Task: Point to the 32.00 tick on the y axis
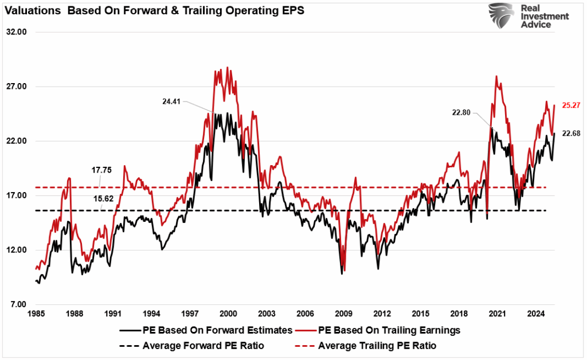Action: point(18,32)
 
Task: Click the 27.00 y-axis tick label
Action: point(18,87)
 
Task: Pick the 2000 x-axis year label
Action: point(228,314)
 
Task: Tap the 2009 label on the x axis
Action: point(343,314)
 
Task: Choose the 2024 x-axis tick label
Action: point(535,314)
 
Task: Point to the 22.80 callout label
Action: point(461,113)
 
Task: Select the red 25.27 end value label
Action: point(571,105)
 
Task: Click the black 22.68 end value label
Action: point(571,133)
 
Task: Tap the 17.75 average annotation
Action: point(101,170)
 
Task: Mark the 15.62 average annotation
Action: point(101,198)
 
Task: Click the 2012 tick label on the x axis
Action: point(382,314)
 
